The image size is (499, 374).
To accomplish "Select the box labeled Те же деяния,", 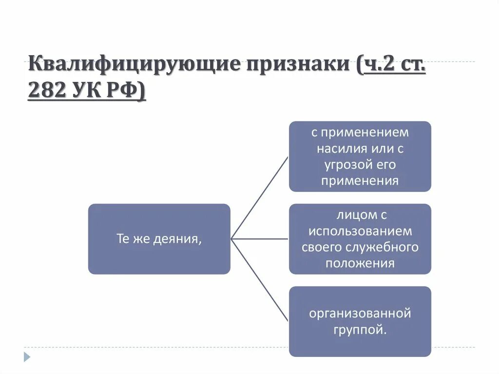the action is [159, 239].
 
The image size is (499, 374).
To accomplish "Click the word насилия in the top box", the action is [341, 148].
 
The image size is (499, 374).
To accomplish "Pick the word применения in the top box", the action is [360, 180].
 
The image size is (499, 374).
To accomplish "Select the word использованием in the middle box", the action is [360, 231].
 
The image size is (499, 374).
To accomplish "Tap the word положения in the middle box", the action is [360, 263].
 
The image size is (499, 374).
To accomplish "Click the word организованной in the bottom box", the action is [360, 313].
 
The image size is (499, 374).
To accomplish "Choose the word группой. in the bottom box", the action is [360, 330].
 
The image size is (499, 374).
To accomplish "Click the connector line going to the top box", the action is [259, 197].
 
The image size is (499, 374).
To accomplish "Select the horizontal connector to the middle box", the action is [259, 239].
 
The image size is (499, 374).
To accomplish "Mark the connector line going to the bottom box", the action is [259, 280].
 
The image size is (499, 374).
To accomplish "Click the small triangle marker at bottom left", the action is [27, 356].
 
